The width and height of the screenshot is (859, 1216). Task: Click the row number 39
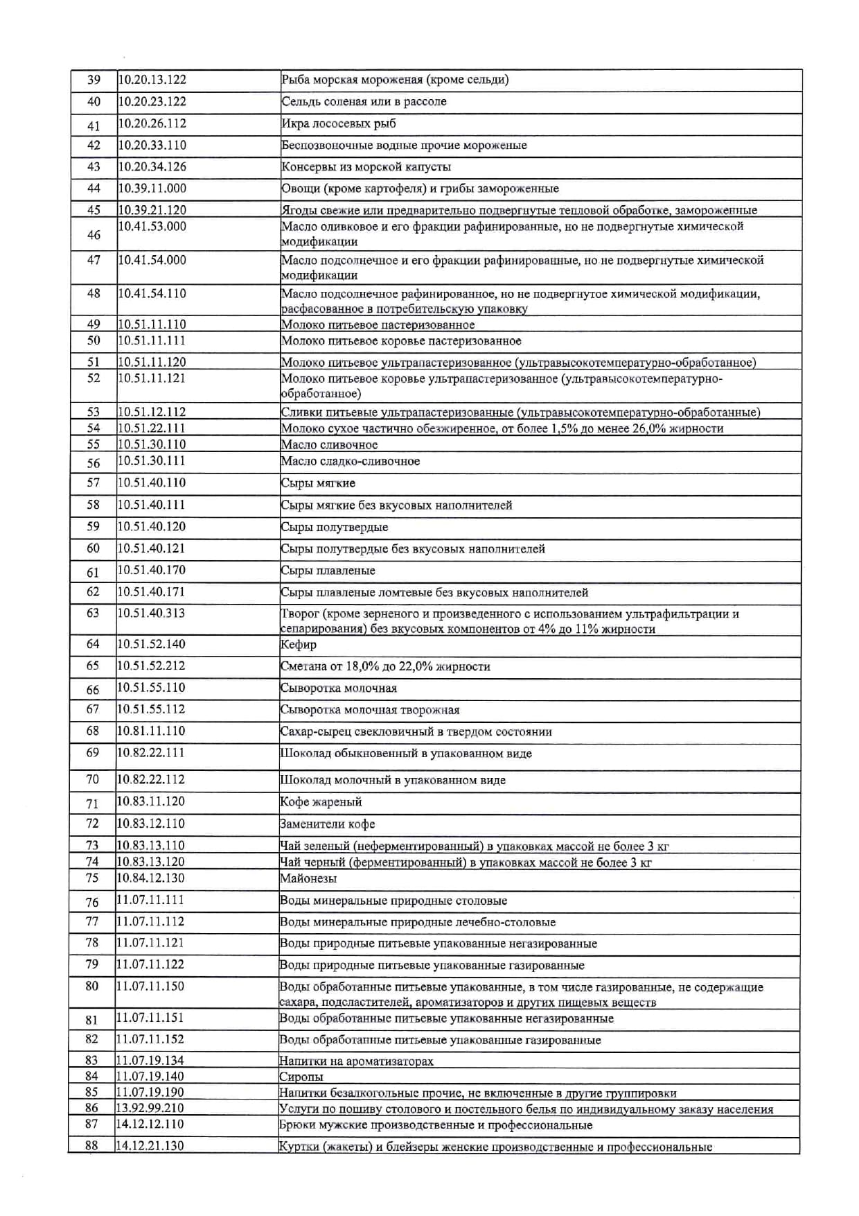click(94, 80)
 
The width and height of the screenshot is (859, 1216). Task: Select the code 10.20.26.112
click(152, 123)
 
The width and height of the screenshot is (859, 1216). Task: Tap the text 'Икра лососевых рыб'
click(339, 123)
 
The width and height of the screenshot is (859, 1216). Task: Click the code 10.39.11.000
click(152, 188)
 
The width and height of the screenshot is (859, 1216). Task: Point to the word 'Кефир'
click(299, 645)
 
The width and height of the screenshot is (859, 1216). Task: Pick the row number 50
click(94, 340)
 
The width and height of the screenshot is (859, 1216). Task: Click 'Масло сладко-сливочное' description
click(350, 461)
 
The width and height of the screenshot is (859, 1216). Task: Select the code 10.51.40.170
click(151, 570)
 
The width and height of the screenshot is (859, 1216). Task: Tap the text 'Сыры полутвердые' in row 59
click(334, 527)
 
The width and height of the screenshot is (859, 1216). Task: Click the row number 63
click(93, 613)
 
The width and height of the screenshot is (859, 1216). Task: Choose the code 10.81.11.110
click(151, 731)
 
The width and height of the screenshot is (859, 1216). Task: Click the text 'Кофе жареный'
click(321, 802)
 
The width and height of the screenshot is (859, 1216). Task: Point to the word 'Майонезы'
click(308, 878)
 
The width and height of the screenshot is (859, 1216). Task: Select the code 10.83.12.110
click(151, 824)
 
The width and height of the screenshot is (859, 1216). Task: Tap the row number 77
click(92, 921)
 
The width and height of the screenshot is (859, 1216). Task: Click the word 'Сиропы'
click(301, 1077)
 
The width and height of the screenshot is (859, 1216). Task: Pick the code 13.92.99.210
click(150, 1108)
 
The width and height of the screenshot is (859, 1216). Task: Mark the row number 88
click(91, 1145)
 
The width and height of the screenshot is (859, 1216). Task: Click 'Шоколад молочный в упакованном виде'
click(393, 780)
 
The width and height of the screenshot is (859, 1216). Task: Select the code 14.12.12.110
click(150, 1124)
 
